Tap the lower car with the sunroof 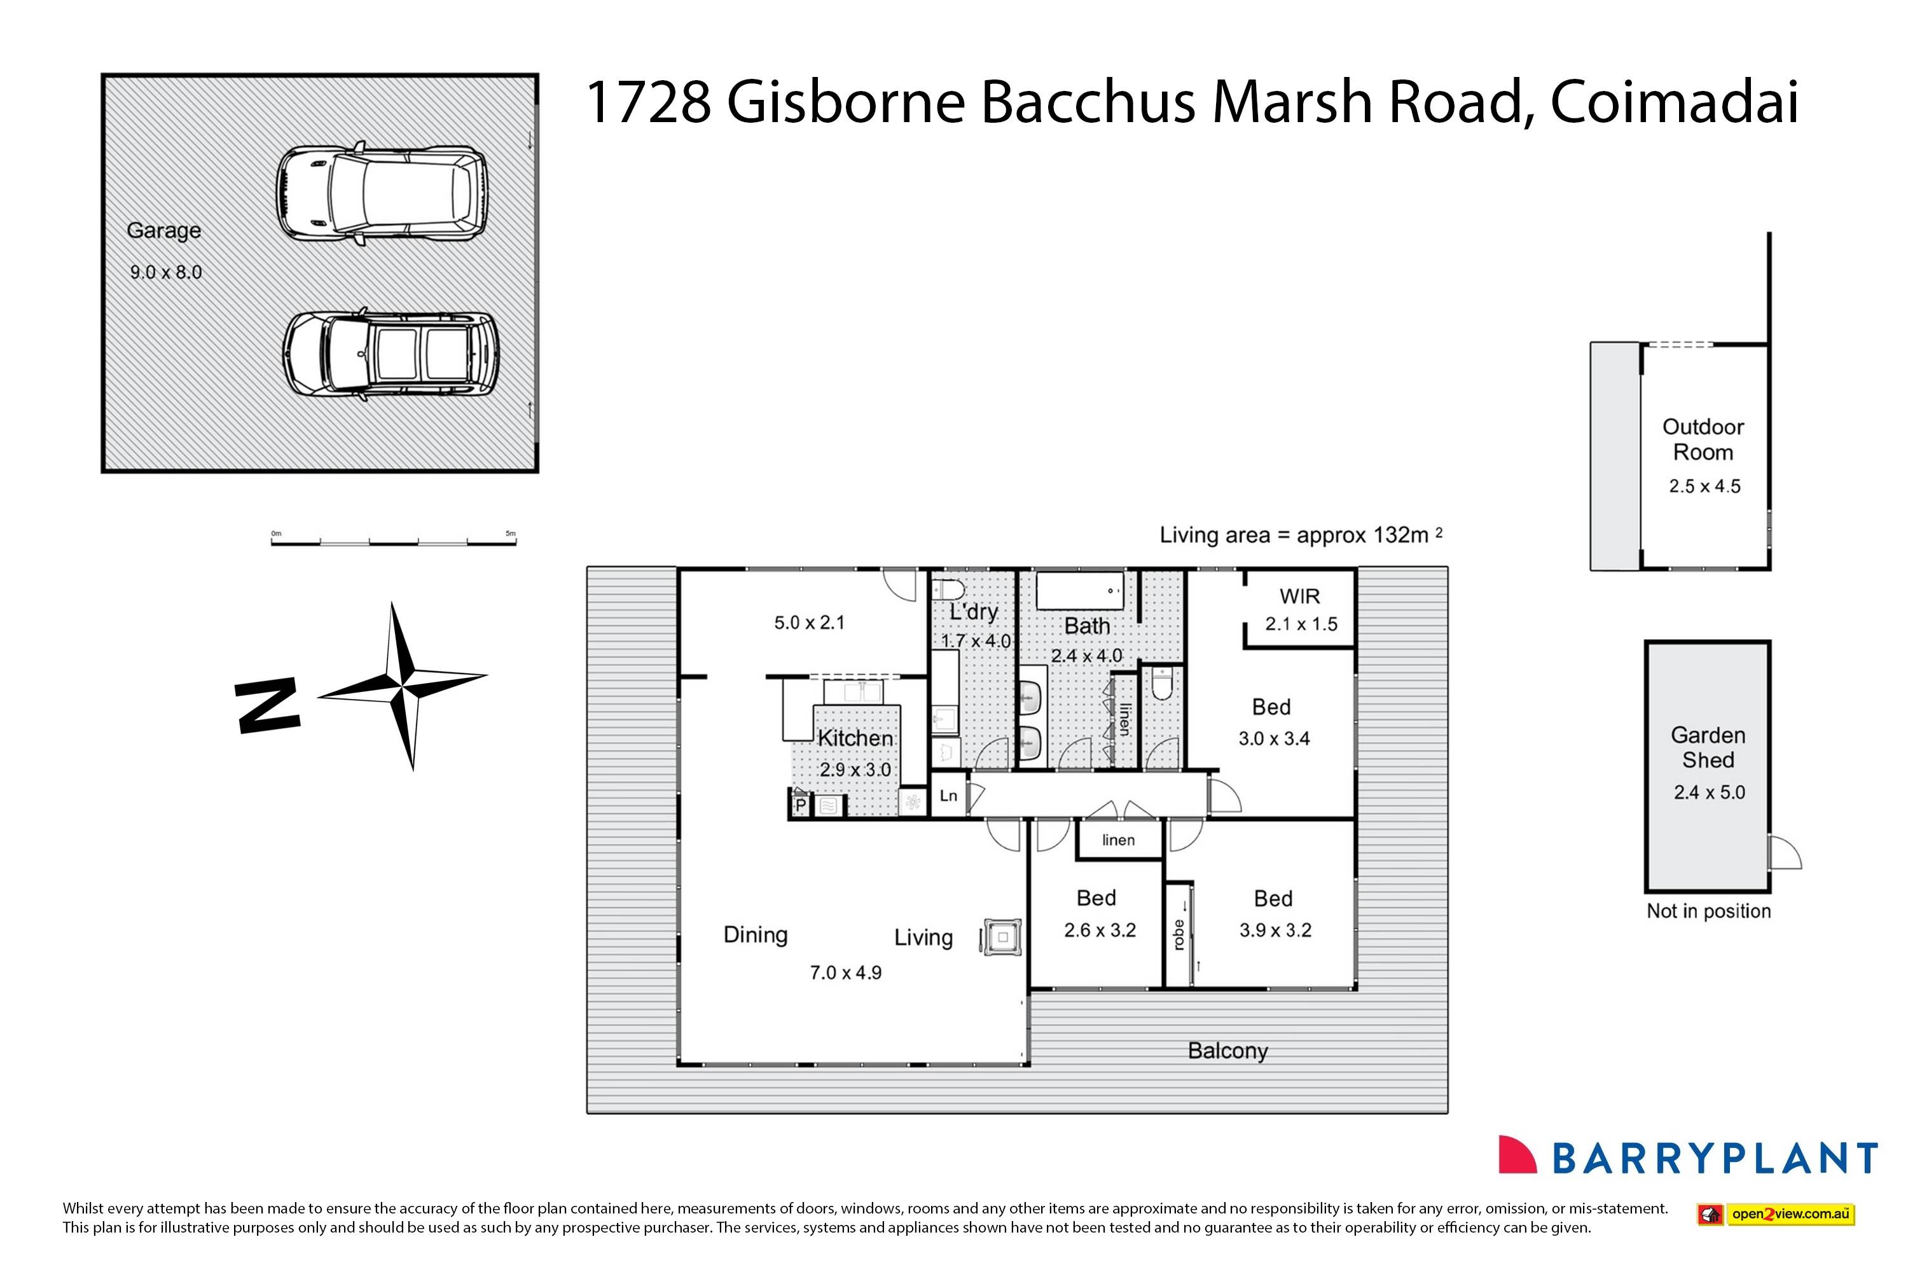coord(391,356)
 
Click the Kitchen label coord(855,738)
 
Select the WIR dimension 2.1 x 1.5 coord(1301,624)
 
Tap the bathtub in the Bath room coord(1080,591)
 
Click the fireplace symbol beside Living coord(1002,937)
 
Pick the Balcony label coord(1227,1051)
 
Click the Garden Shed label coord(1708,748)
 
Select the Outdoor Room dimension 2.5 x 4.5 coord(1704,487)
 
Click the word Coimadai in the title coord(1675,103)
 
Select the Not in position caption coord(1708,911)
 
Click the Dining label coord(756,936)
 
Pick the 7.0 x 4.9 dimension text coord(845,972)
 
